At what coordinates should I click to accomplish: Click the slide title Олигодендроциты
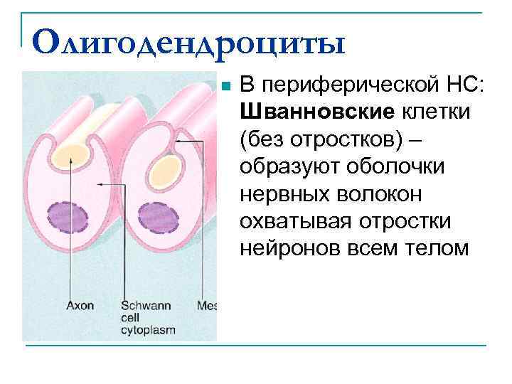tap(188, 44)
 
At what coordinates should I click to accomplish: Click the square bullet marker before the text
tap(225, 87)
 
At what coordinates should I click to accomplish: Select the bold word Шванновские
tap(316, 112)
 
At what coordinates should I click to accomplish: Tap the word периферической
tap(342, 86)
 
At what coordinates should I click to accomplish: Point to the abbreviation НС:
tap(460, 86)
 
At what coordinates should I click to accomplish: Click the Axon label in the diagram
tap(80, 306)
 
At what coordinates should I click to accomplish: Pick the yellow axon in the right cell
tap(165, 171)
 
